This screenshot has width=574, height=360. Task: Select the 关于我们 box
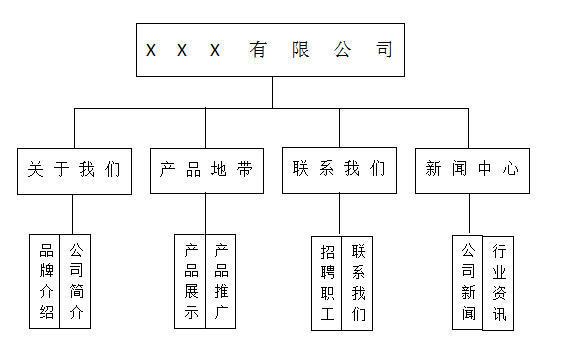click(74, 170)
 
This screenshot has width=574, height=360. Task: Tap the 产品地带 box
click(207, 170)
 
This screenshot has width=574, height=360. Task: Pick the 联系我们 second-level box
click(339, 170)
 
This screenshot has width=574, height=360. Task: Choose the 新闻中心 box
click(472, 170)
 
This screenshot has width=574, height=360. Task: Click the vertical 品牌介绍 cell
click(46, 282)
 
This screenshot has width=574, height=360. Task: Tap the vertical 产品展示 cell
click(191, 282)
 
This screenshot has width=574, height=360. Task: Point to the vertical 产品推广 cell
click(221, 282)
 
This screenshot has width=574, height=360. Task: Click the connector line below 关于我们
click(74, 214)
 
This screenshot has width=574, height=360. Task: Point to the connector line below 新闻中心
click(471, 214)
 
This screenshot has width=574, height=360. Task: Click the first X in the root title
click(151, 50)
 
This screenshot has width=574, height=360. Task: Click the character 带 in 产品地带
click(245, 170)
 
